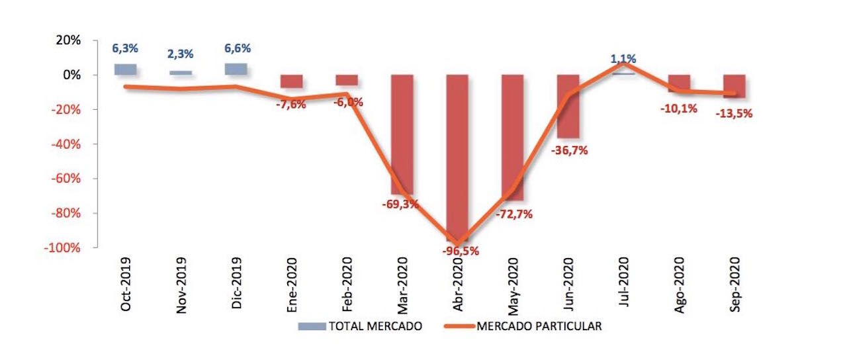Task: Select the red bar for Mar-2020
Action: coord(402,132)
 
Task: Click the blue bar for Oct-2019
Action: coord(125,69)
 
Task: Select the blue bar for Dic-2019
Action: coord(236,69)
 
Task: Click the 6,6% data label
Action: coord(238,49)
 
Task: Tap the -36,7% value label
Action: coord(569,150)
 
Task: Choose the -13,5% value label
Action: coord(735,113)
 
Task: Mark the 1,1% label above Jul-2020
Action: coord(623,59)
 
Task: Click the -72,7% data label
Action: coord(514,214)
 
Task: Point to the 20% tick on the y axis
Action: coord(67,40)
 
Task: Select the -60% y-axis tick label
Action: coord(64,179)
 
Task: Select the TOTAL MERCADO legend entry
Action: coord(361,326)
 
